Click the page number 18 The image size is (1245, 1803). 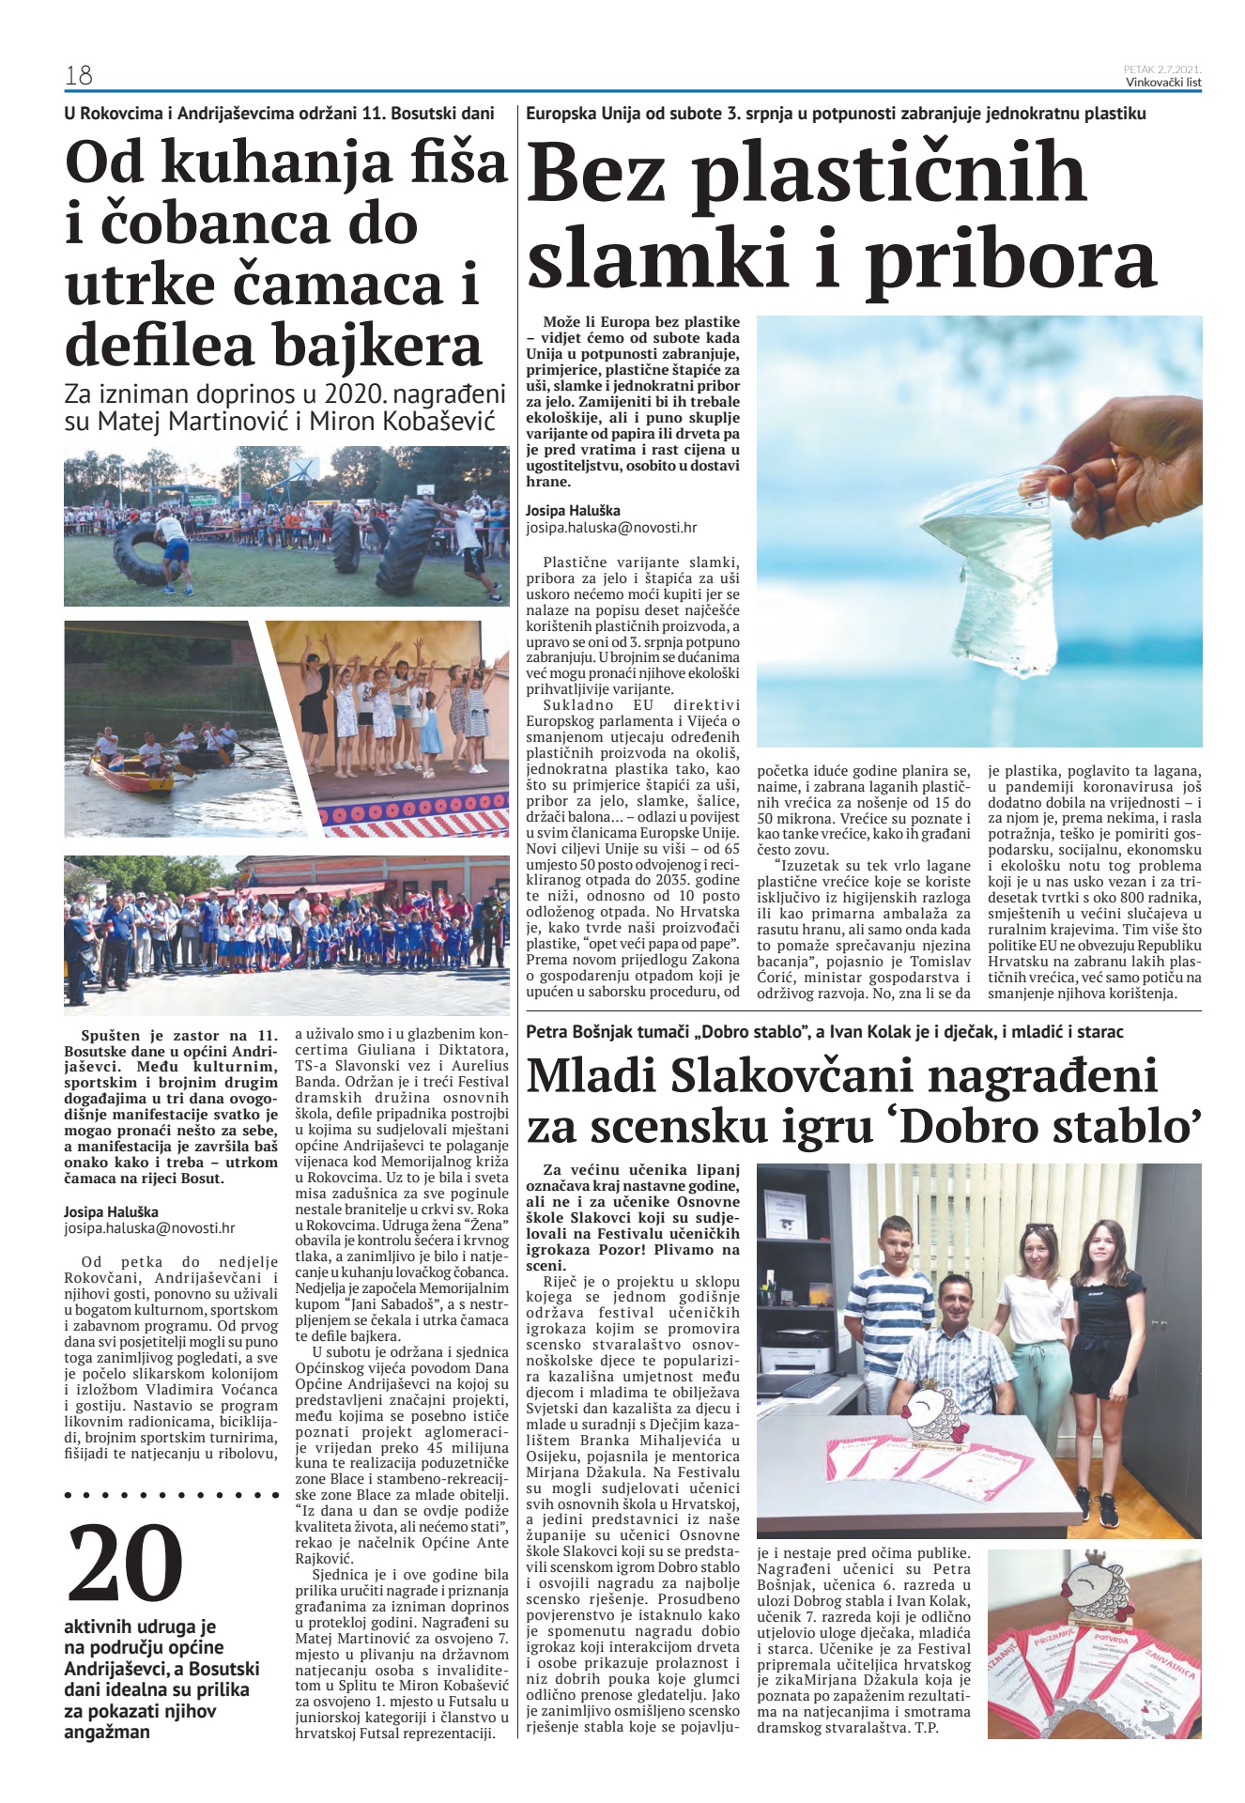pyautogui.click(x=79, y=75)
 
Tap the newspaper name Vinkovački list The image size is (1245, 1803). pyautogui.click(x=1163, y=82)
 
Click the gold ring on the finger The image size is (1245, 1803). pyautogui.click(x=1114, y=464)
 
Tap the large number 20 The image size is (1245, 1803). pyautogui.click(x=126, y=1563)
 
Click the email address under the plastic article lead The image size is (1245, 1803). pyautogui.click(x=611, y=528)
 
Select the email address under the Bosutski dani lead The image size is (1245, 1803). pyautogui.click(x=149, y=1227)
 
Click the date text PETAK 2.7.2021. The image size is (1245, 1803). pyautogui.click(x=1162, y=69)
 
